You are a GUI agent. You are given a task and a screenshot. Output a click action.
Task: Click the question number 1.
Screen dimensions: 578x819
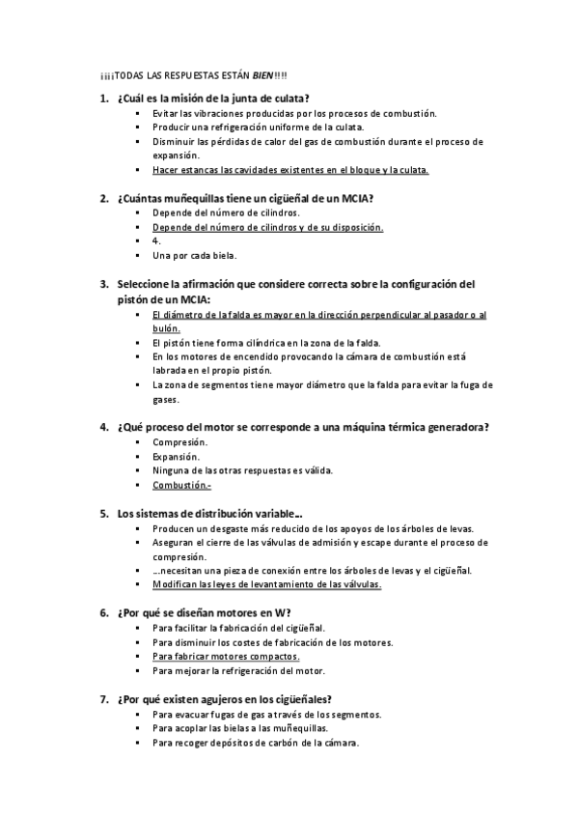coord(103,99)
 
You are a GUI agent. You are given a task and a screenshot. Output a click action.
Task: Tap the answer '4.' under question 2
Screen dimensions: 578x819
coord(156,241)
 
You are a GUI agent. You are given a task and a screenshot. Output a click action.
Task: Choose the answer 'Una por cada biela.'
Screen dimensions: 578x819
coord(194,256)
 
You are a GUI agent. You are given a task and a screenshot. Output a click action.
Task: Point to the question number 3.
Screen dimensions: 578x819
coord(103,285)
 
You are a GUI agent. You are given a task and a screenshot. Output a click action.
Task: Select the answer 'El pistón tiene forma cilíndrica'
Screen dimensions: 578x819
coord(266,342)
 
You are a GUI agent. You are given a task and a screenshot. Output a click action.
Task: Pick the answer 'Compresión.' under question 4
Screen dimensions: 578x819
coord(179,442)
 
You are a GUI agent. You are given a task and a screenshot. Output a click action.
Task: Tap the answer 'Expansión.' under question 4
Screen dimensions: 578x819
coord(177,457)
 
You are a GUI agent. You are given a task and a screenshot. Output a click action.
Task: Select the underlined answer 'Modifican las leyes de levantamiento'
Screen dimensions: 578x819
coord(267,584)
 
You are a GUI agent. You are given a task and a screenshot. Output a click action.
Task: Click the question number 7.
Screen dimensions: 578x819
coord(103,699)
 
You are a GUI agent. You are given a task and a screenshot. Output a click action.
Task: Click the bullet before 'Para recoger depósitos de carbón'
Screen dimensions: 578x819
coord(140,743)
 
